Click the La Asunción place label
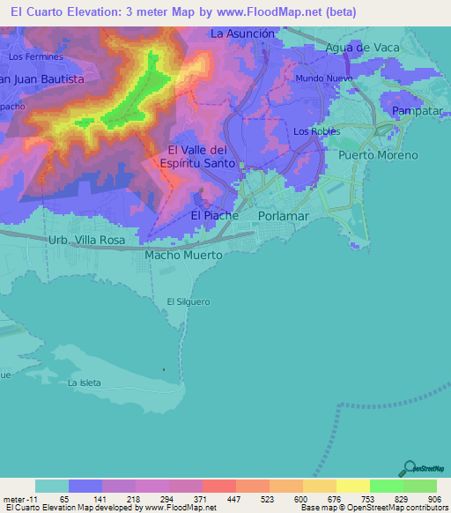coord(244,33)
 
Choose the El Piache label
coord(215,215)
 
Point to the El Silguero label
coord(189,301)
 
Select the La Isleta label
coord(85,383)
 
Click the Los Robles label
coord(315,131)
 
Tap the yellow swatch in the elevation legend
coord(352,486)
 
